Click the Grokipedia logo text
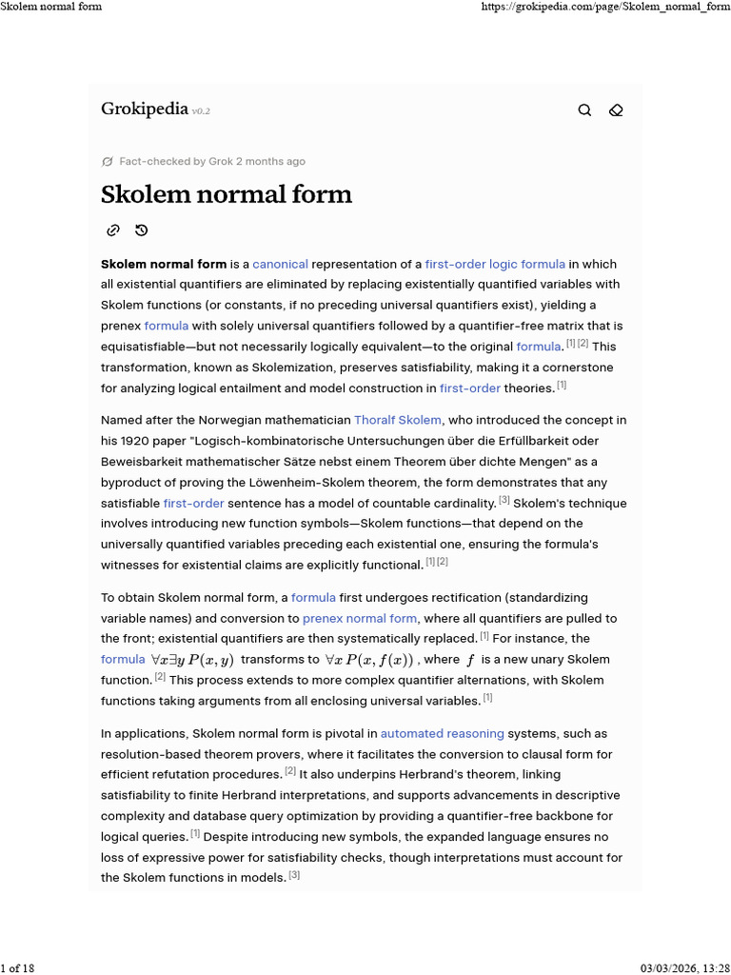coord(144,109)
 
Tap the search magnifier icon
coord(584,110)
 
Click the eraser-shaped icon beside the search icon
coord(616,110)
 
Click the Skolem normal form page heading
coord(227,194)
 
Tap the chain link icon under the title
coord(112,230)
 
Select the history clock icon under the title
coord(141,230)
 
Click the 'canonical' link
coord(280,264)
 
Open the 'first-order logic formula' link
coord(495,264)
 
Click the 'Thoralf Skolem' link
coord(398,420)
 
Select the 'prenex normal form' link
coord(360,618)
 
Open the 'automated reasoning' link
coord(442,734)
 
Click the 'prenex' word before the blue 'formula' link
coord(121,326)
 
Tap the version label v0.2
coord(201,111)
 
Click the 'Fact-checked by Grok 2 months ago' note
coord(211,162)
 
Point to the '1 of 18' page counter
coord(18,968)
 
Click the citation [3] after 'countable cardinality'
coord(504,501)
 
